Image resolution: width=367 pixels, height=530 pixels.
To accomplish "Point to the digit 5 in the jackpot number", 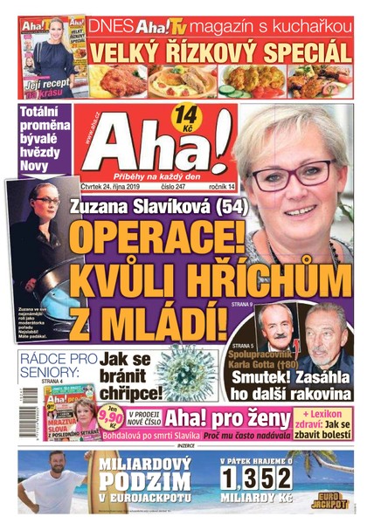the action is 277,479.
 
